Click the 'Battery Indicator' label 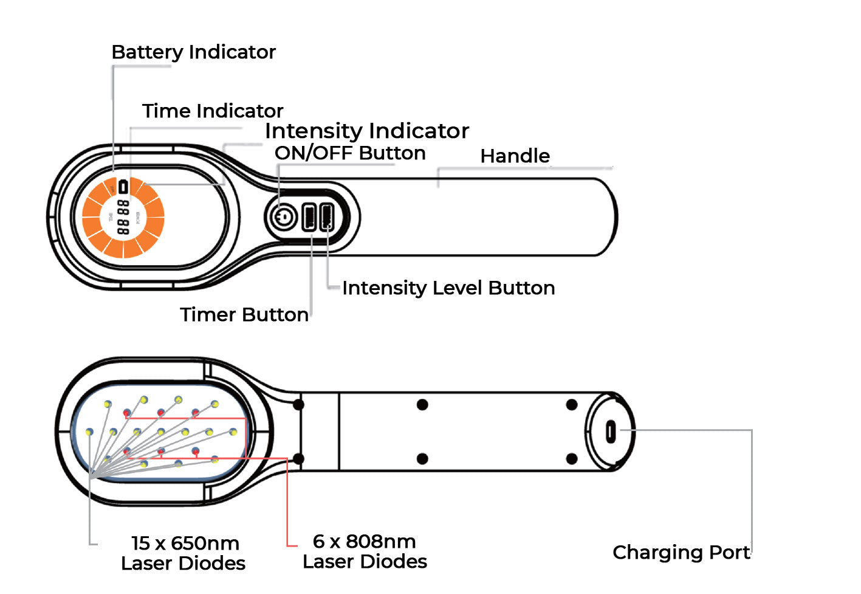(193, 52)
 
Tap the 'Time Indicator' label (213, 111)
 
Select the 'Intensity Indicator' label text (367, 131)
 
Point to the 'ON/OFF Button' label (350, 153)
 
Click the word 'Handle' (515, 156)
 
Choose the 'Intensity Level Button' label (448, 288)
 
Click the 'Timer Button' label (244, 314)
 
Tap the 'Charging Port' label (681, 552)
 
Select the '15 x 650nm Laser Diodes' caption (184, 553)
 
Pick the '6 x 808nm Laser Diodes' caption (365, 551)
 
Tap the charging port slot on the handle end (610, 432)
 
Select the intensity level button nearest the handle (328, 217)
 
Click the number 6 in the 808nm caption (318, 541)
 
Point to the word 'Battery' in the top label (148, 52)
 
